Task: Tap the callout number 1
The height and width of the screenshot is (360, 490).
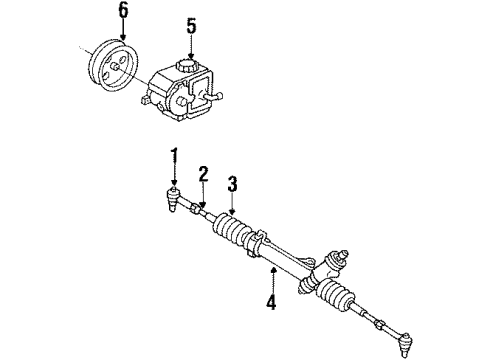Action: (173, 155)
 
